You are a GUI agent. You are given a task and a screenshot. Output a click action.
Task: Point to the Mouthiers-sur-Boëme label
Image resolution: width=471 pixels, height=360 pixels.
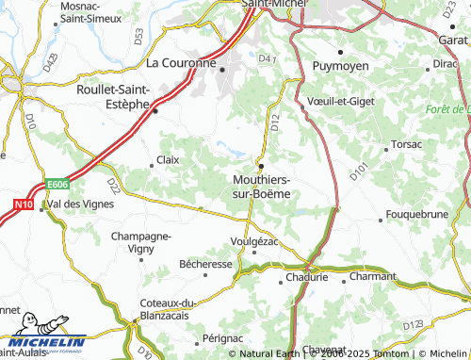(x=262, y=186)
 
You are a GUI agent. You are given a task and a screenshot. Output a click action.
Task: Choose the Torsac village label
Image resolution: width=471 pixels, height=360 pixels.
(x=407, y=145)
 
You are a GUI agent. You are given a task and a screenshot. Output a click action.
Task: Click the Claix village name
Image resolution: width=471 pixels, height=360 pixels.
(x=168, y=159)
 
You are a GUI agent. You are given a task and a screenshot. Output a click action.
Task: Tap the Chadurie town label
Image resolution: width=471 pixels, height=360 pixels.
(x=308, y=277)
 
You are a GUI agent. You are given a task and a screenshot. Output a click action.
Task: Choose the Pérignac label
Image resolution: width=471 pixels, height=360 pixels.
(x=222, y=336)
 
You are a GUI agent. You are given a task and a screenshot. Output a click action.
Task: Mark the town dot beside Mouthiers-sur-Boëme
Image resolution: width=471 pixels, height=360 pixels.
(x=261, y=167)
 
